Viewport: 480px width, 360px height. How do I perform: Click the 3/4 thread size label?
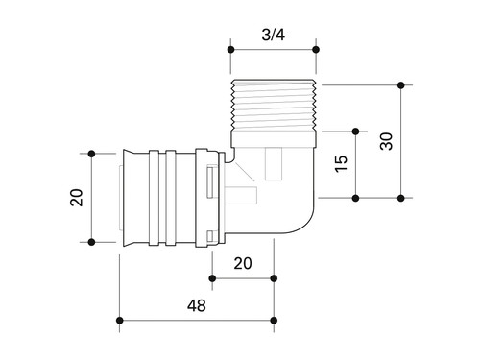click(273, 35)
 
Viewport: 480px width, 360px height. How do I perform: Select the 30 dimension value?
click(386, 141)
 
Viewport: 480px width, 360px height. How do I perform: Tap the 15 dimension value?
click(341, 164)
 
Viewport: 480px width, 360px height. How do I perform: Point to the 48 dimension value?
click(197, 305)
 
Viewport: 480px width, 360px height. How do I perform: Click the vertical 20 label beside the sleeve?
click(77, 198)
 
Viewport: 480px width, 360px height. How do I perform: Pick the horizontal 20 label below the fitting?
click(243, 263)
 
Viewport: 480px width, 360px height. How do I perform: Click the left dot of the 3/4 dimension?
click(230, 50)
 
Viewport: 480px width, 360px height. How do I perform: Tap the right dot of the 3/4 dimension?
click(316, 50)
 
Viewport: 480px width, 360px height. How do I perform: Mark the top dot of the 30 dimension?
click(401, 85)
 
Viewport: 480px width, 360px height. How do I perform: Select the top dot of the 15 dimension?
click(355, 132)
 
